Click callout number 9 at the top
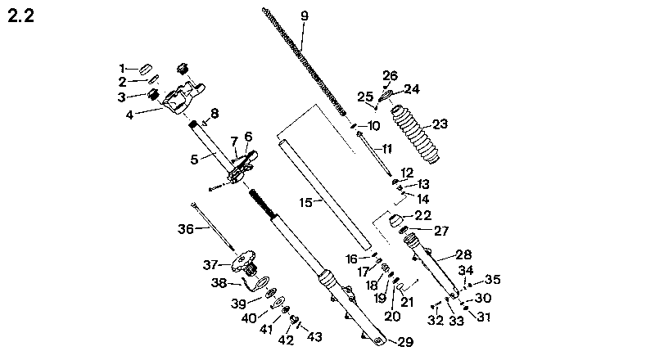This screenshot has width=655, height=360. (305, 16)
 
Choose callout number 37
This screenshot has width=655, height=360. (212, 263)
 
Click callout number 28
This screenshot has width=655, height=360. (463, 254)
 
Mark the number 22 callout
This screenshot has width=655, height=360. (422, 215)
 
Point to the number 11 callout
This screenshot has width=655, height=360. (387, 149)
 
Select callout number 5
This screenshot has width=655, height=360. (195, 160)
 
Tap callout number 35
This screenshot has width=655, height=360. (493, 279)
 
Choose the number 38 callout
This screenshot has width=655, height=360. (219, 284)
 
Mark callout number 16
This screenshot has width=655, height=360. (351, 259)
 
